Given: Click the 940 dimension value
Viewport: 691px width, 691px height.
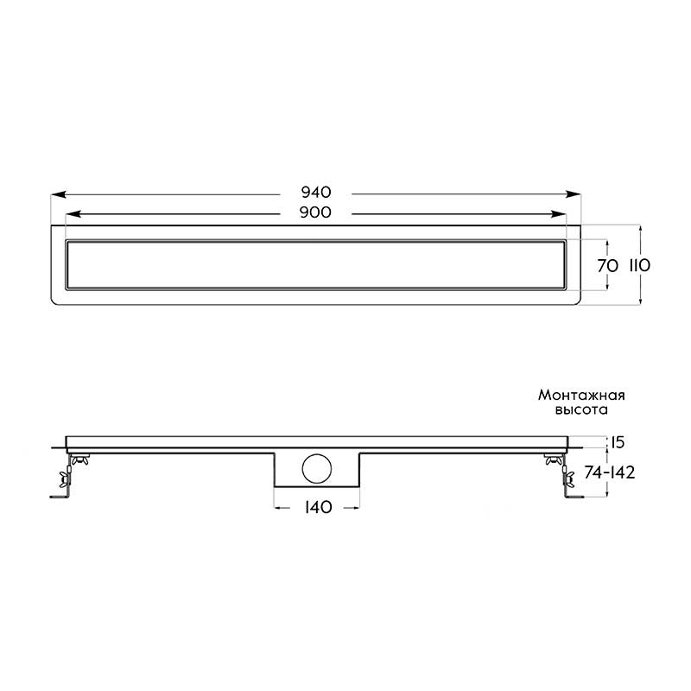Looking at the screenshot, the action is pyautogui.click(x=315, y=192).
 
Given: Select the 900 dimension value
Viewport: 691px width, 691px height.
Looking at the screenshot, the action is pyautogui.click(x=315, y=212).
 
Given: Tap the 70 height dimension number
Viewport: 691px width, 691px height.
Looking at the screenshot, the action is pyautogui.click(x=608, y=266).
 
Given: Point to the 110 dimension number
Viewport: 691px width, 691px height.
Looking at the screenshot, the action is pyautogui.click(x=639, y=266).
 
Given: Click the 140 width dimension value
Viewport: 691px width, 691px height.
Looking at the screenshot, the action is pyautogui.click(x=318, y=507).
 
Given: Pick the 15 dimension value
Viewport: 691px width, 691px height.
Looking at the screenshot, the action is pyautogui.click(x=618, y=442).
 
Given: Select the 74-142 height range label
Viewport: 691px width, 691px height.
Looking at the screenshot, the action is pyautogui.click(x=610, y=472).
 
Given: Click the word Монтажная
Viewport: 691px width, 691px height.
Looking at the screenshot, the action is pyautogui.click(x=581, y=395).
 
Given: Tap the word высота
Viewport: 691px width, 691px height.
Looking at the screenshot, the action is pyautogui.click(x=581, y=409).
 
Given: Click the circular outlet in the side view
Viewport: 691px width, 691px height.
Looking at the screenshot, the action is pyautogui.click(x=317, y=469).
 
